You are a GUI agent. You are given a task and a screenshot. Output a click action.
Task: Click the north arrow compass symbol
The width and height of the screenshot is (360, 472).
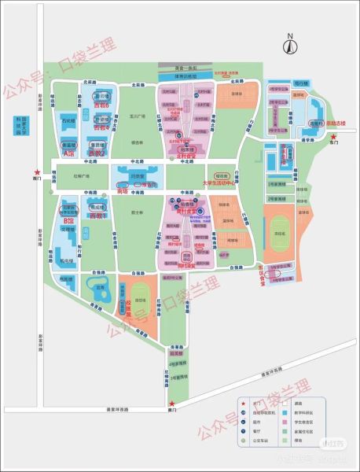[x=289, y=45]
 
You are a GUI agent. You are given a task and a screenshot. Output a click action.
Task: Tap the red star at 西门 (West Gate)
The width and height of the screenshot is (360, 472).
[x=28, y=172]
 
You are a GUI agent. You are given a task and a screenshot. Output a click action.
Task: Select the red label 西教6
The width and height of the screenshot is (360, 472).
[x=101, y=104]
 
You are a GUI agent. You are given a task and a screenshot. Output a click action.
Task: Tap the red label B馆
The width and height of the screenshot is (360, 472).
[x=68, y=223]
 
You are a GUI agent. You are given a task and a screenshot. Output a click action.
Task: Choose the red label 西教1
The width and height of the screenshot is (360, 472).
[x=97, y=215]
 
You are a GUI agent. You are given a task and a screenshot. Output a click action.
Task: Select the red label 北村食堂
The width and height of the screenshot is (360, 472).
[x=186, y=157]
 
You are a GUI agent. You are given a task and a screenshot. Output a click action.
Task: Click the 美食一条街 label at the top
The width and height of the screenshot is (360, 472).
[x=186, y=68]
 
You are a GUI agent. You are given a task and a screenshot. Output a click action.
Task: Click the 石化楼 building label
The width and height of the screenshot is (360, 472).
[x=68, y=121]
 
